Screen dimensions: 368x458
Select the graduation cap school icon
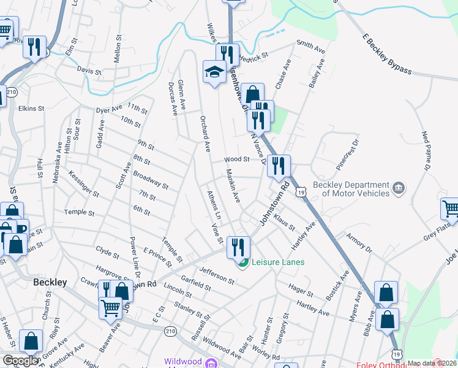tap(214, 72)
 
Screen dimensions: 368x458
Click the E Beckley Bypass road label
tap(386, 54)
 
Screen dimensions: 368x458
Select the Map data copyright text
tap(432, 363)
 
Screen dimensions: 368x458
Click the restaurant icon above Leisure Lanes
tap(238, 247)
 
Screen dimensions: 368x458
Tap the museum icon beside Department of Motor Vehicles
tap(398, 187)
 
